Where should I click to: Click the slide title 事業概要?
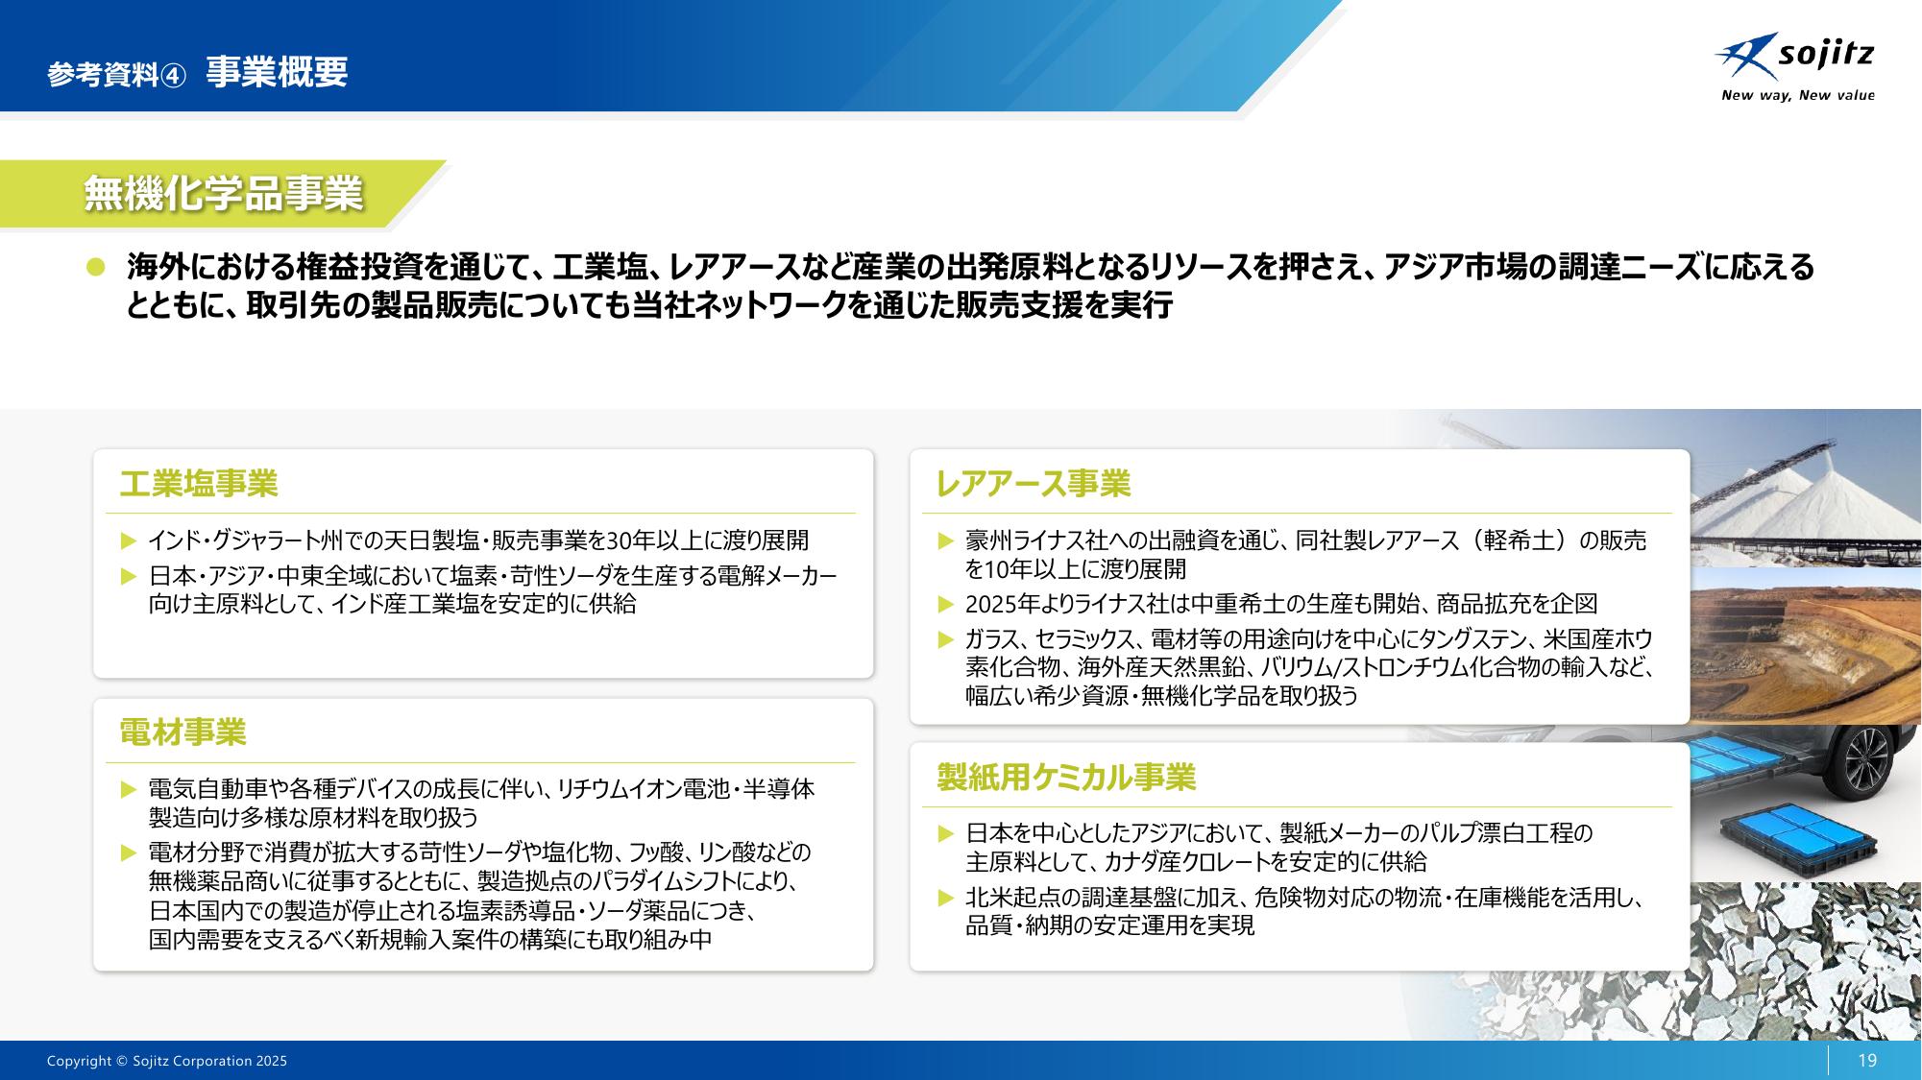click(x=277, y=72)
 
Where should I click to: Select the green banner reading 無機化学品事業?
click(x=223, y=194)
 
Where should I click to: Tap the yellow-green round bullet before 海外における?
click(x=95, y=268)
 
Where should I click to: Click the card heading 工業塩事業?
click(x=199, y=484)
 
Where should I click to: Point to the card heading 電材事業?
click(x=182, y=732)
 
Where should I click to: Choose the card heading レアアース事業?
click(x=1033, y=484)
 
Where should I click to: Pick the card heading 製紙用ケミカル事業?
click(x=1066, y=777)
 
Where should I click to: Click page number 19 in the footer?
click(x=1867, y=1061)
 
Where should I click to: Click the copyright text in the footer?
click(x=167, y=1061)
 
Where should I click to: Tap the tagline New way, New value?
click(x=1797, y=95)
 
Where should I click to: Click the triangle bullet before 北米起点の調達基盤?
click(x=946, y=899)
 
